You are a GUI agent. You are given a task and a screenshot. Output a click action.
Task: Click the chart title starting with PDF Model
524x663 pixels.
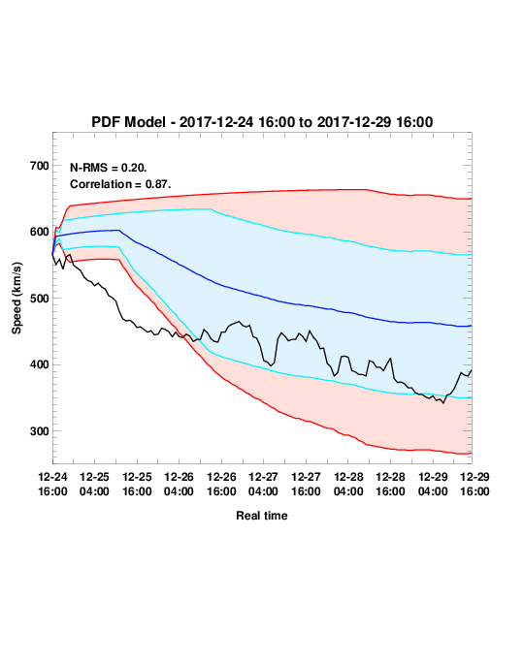click(x=262, y=122)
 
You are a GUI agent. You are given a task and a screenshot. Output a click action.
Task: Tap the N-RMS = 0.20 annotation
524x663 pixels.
click(x=109, y=168)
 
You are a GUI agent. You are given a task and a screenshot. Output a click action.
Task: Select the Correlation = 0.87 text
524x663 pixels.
click(x=120, y=184)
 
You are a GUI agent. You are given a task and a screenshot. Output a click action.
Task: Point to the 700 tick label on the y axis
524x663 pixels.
click(x=40, y=166)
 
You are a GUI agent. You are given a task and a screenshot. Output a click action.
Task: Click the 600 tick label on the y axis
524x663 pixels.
click(x=40, y=232)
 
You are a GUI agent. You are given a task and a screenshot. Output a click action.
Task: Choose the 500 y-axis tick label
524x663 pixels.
click(x=40, y=299)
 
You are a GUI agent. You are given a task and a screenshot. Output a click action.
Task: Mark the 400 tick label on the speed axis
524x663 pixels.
click(x=40, y=364)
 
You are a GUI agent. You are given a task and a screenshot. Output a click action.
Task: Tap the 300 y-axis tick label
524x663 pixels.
click(x=40, y=431)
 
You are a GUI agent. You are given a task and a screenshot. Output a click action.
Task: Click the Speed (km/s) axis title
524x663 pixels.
click(x=16, y=299)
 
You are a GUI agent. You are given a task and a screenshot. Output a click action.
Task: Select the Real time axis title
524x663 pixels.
click(x=262, y=516)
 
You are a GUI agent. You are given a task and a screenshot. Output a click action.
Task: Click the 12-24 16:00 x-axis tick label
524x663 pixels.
click(x=52, y=484)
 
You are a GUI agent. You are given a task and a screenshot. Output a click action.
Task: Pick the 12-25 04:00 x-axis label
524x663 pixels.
click(x=94, y=484)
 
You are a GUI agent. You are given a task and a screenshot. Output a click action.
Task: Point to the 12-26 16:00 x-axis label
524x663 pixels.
click(x=221, y=484)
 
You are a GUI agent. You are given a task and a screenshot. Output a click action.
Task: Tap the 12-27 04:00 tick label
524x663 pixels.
click(x=263, y=484)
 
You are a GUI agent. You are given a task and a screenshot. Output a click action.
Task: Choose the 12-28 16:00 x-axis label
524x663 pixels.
click(x=390, y=484)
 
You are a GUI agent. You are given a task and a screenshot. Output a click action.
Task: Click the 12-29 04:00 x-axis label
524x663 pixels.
click(x=433, y=484)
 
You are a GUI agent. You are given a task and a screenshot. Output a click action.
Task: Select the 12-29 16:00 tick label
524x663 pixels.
click(x=475, y=484)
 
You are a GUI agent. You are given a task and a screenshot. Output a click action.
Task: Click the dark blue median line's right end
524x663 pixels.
click(x=472, y=326)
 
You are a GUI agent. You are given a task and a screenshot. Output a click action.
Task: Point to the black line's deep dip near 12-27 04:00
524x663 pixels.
click(x=271, y=365)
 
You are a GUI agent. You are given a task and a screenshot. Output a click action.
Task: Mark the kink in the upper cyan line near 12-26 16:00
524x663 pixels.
click(x=212, y=208)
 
